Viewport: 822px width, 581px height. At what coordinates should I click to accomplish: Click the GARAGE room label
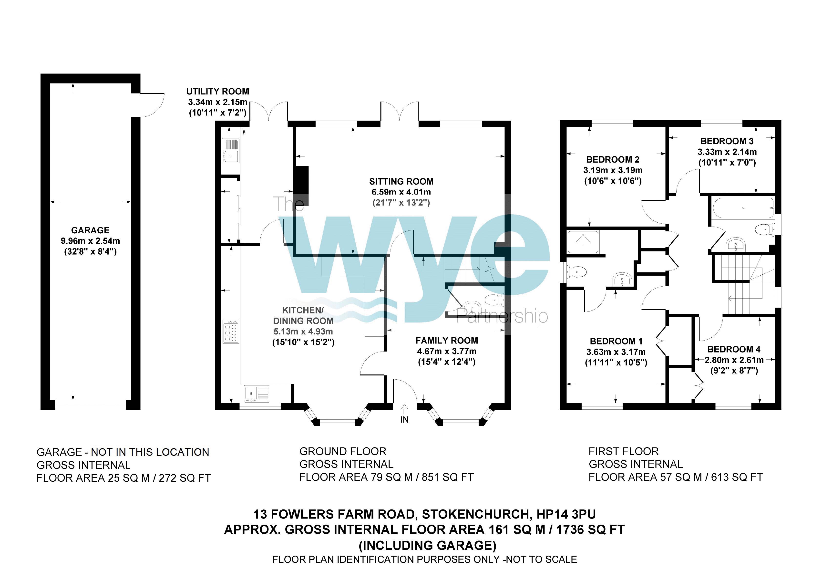(90, 230)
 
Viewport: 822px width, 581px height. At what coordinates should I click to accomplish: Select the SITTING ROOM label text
(401, 182)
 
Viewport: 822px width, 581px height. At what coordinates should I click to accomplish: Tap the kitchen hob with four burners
(231, 331)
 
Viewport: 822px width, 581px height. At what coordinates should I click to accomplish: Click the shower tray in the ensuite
(583, 242)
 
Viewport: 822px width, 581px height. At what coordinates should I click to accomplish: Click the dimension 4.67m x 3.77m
(446, 351)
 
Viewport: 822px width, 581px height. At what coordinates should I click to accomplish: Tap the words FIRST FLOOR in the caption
(623, 451)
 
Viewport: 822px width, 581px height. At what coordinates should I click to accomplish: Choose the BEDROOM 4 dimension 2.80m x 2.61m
(734, 360)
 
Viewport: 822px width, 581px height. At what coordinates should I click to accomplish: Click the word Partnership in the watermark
(502, 316)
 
